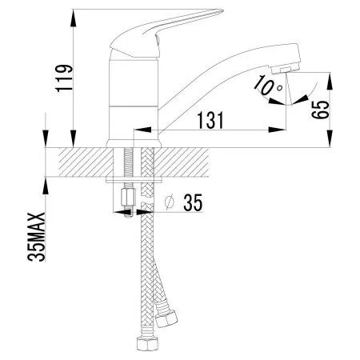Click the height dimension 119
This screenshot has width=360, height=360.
point(66,77)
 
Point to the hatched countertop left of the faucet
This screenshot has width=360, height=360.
point(80,162)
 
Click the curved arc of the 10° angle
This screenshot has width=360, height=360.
point(291,95)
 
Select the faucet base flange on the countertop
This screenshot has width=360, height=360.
point(134,145)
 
